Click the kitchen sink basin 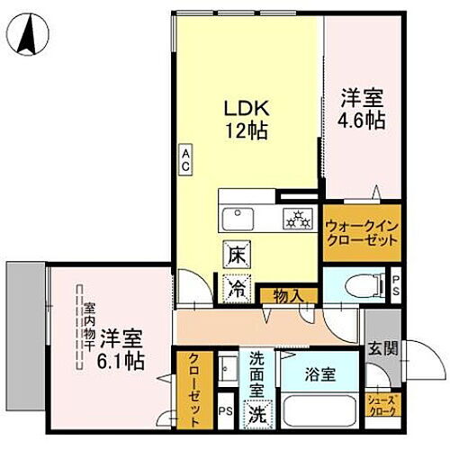click(239, 217)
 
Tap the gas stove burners click(294, 217)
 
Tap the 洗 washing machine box click(259, 415)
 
